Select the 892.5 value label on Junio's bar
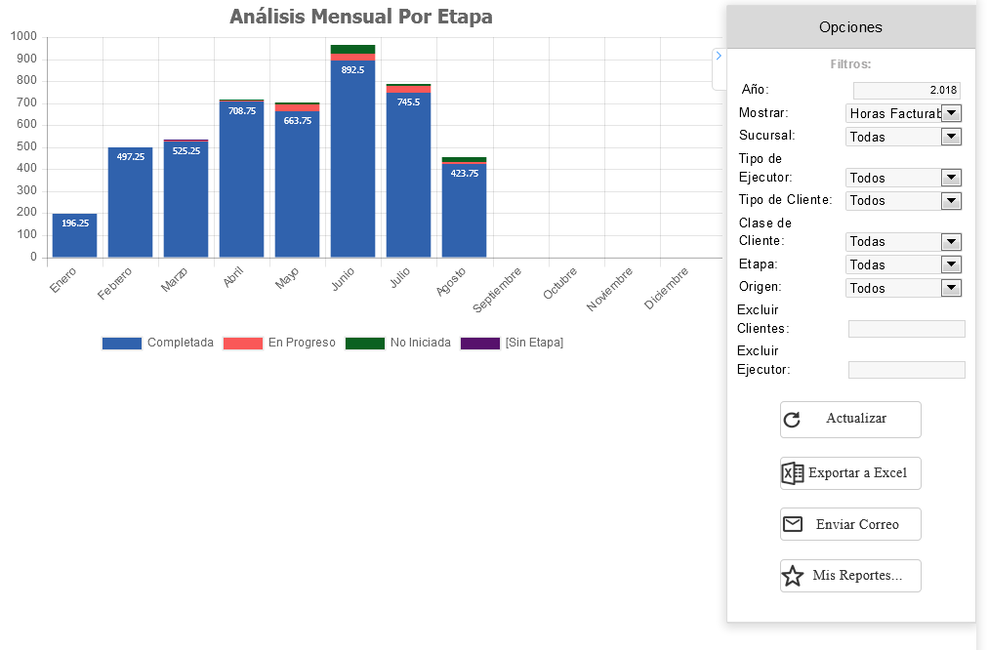click(352, 69)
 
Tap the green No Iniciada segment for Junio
click(352, 49)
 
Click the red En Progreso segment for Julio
click(408, 89)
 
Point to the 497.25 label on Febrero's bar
click(130, 156)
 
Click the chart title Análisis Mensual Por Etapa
click(361, 17)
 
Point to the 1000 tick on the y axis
click(23, 37)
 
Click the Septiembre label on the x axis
click(498, 291)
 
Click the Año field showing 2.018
click(907, 90)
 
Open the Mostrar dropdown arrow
click(951, 113)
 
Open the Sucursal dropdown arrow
click(951, 137)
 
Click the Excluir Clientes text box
click(906, 329)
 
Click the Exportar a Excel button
click(850, 473)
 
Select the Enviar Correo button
click(850, 524)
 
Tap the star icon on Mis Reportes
click(793, 576)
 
